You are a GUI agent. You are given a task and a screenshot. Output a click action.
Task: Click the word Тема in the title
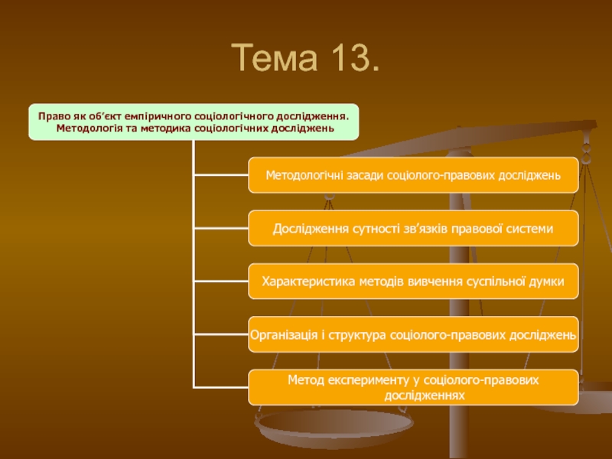pyautogui.click(x=274, y=57)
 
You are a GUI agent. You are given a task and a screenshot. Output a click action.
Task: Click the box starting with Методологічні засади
pyautogui.click(x=413, y=176)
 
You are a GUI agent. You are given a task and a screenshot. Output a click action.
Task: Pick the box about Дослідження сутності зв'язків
pyautogui.click(x=413, y=229)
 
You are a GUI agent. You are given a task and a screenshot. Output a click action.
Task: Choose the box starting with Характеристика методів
pyautogui.click(x=413, y=282)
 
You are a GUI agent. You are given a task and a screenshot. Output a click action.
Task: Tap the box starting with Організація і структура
pyautogui.click(x=413, y=334)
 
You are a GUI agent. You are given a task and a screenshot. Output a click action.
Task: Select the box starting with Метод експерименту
pyautogui.click(x=413, y=387)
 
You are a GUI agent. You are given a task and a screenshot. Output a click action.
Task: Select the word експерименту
pyautogui.click(x=361, y=379)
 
